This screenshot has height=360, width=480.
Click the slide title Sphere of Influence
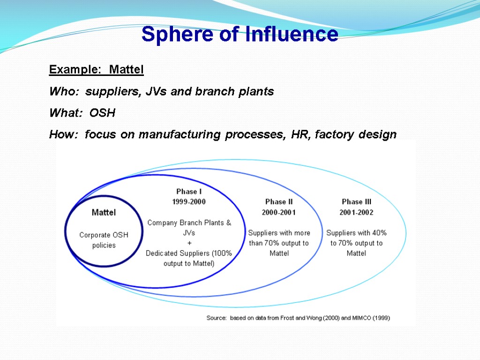[240, 34]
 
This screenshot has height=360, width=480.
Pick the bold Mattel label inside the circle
[104, 212]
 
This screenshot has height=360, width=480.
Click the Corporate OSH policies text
[104, 240]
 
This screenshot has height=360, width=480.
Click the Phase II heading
[279, 202]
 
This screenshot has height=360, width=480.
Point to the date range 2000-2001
[279, 212]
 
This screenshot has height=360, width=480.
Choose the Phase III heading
[356, 202]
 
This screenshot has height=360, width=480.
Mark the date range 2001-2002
[356, 212]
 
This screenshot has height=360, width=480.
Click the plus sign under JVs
[189, 243]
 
